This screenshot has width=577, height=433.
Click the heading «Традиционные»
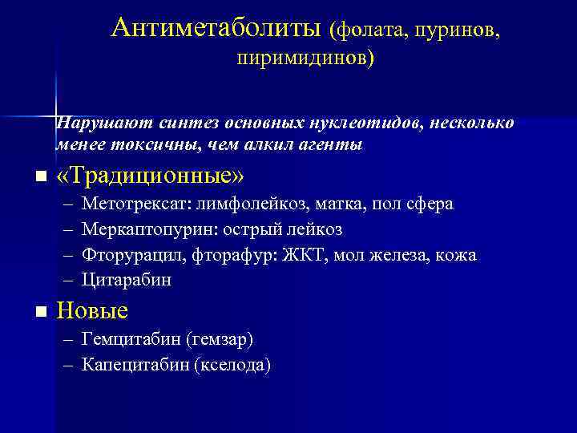pyautogui.click(x=150, y=176)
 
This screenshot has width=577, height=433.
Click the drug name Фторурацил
pyautogui.click(x=129, y=256)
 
